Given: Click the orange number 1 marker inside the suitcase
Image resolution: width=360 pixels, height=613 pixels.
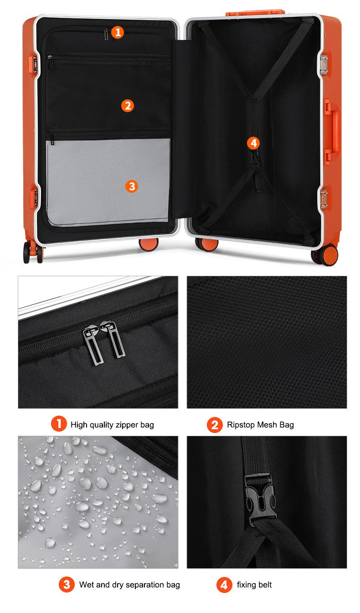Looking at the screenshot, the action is [x=118, y=32].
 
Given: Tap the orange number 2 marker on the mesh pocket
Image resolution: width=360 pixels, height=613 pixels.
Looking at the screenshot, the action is [x=128, y=106].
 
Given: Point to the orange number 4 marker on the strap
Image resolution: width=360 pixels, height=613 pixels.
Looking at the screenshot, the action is [x=253, y=143].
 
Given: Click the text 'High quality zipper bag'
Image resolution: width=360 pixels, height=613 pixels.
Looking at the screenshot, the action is [x=112, y=425].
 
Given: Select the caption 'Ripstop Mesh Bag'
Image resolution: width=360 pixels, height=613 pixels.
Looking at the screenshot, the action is [x=260, y=425].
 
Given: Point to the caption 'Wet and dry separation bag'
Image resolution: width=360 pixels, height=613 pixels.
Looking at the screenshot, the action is [x=129, y=585].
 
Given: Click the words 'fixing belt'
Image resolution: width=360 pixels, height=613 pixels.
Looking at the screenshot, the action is [x=254, y=585].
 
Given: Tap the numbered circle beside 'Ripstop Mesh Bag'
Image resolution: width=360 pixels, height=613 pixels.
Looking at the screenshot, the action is [x=215, y=425].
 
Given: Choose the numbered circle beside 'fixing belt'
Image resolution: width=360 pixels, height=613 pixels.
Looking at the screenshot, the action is [x=224, y=585].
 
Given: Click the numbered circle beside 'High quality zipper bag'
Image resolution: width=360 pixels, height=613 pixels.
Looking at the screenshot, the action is [x=58, y=424].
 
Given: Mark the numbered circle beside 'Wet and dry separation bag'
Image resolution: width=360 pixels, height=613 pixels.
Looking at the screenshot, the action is [x=67, y=585].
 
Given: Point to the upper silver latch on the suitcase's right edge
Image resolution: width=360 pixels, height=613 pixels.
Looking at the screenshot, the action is [x=324, y=65].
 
